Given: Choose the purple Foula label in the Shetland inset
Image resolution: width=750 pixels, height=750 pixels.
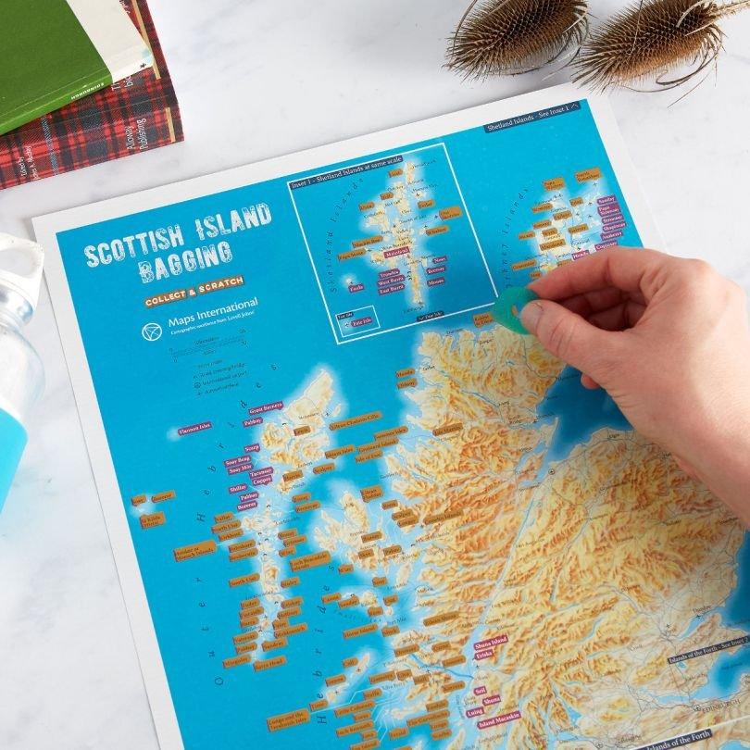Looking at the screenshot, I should (x=356, y=288).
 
